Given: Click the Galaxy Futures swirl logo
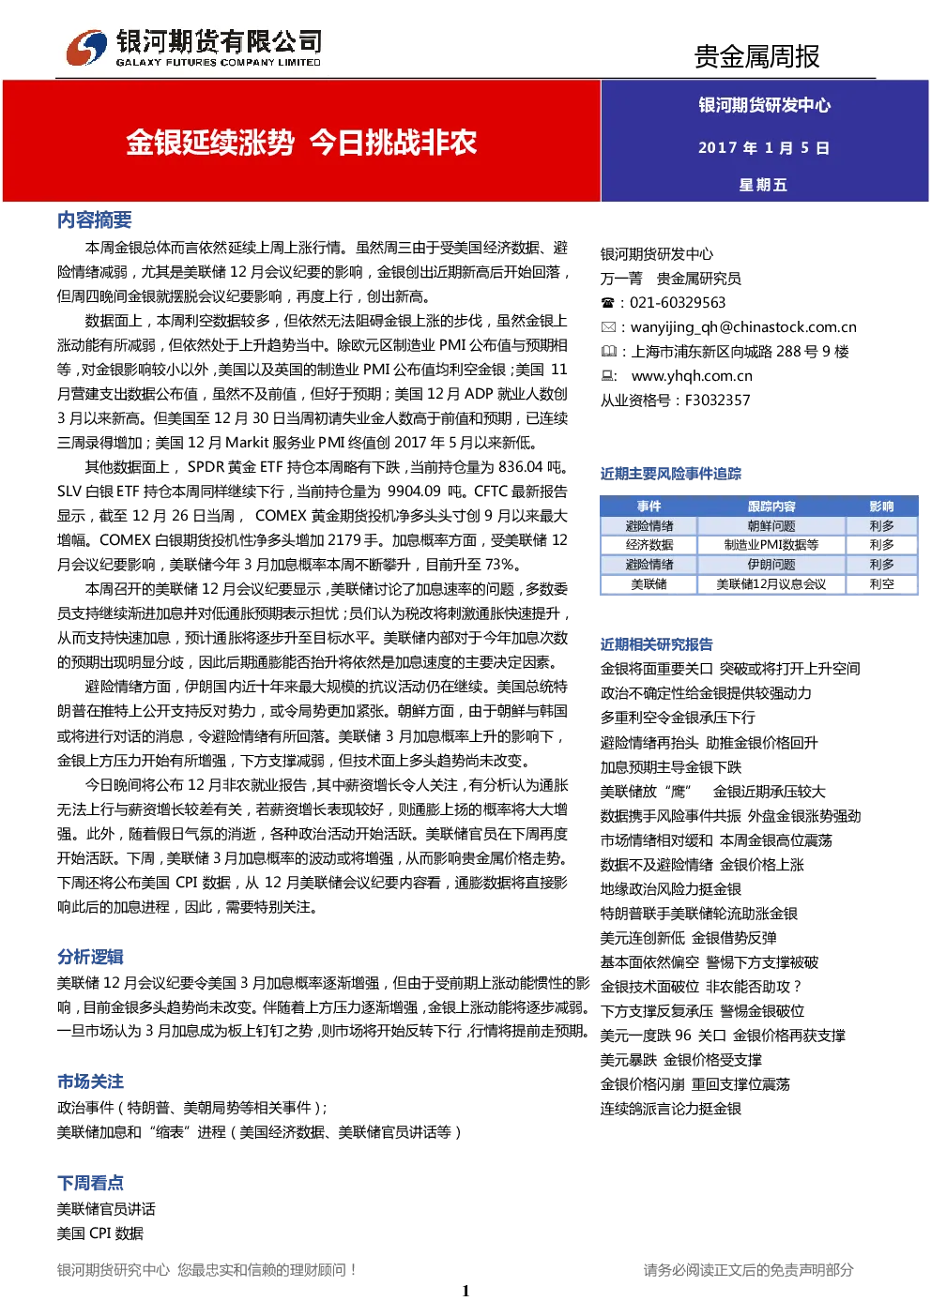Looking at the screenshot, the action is click(87, 47).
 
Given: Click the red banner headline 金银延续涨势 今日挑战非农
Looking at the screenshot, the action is click(301, 143).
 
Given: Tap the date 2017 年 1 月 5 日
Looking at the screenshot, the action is click(764, 147).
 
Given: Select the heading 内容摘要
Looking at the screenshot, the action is click(94, 219).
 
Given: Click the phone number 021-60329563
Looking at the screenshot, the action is click(678, 303).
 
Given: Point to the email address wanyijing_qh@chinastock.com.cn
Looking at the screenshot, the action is click(743, 327).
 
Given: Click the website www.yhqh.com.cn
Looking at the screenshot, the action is click(692, 375).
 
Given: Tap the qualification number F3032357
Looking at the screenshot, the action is click(718, 401).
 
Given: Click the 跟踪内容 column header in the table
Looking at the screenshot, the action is click(771, 507).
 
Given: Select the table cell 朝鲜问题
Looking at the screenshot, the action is click(771, 526).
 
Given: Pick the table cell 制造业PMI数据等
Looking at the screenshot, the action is click(771, 545).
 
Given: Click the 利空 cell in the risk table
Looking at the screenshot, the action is click(881, 584).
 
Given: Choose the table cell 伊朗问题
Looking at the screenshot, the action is click(771, 565).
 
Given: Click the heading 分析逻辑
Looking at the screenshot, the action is click(90, 957).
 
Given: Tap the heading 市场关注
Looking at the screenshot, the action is click(90, 1082).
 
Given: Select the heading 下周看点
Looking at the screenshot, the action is click(90, 1183).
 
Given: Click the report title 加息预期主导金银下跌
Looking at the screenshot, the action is click(671, 767).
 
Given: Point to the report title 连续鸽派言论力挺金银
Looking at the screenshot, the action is click(671, 1109).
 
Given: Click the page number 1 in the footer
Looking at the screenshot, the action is click(465, 1291).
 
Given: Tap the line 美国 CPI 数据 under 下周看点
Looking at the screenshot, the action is click(99, 1233).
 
